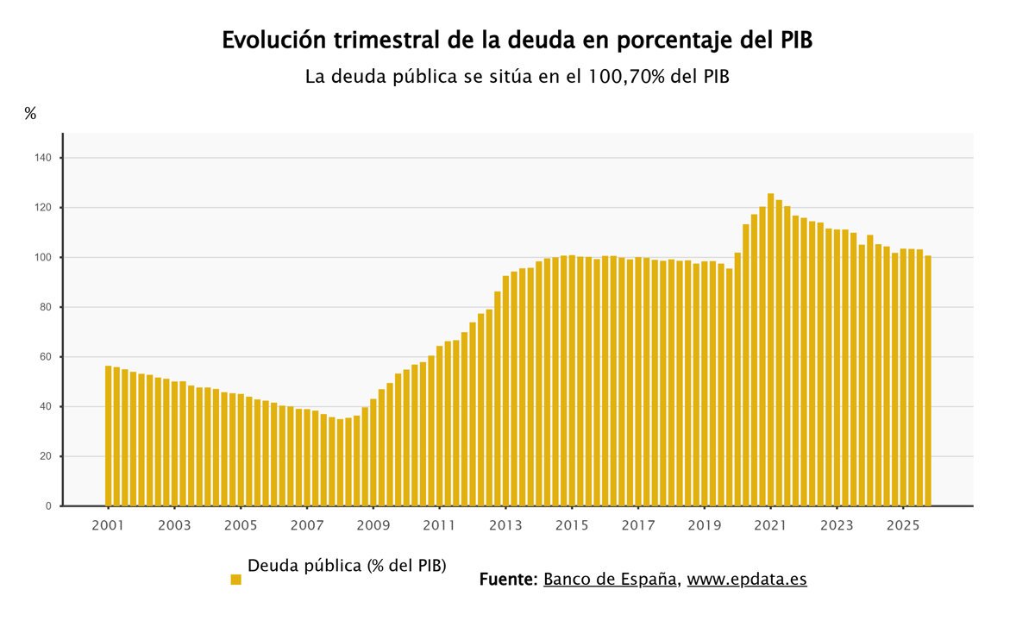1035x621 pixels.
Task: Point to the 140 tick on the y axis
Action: coord(43,158)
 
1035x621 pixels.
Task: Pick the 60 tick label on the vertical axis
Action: coord(45,357)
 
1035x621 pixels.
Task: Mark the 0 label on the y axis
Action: coord(48,506)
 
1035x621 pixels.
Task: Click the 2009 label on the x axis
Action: coord(373,525)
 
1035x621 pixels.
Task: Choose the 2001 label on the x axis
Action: coord(108,525)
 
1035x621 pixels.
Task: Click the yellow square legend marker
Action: coord(235,580)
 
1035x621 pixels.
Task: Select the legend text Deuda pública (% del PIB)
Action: coord(347,566)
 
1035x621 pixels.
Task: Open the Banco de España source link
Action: coord(610,579)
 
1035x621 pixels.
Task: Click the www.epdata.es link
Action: coord(747,579)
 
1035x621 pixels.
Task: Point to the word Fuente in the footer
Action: coord(508,579)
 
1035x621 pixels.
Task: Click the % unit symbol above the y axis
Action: coord(30,114)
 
